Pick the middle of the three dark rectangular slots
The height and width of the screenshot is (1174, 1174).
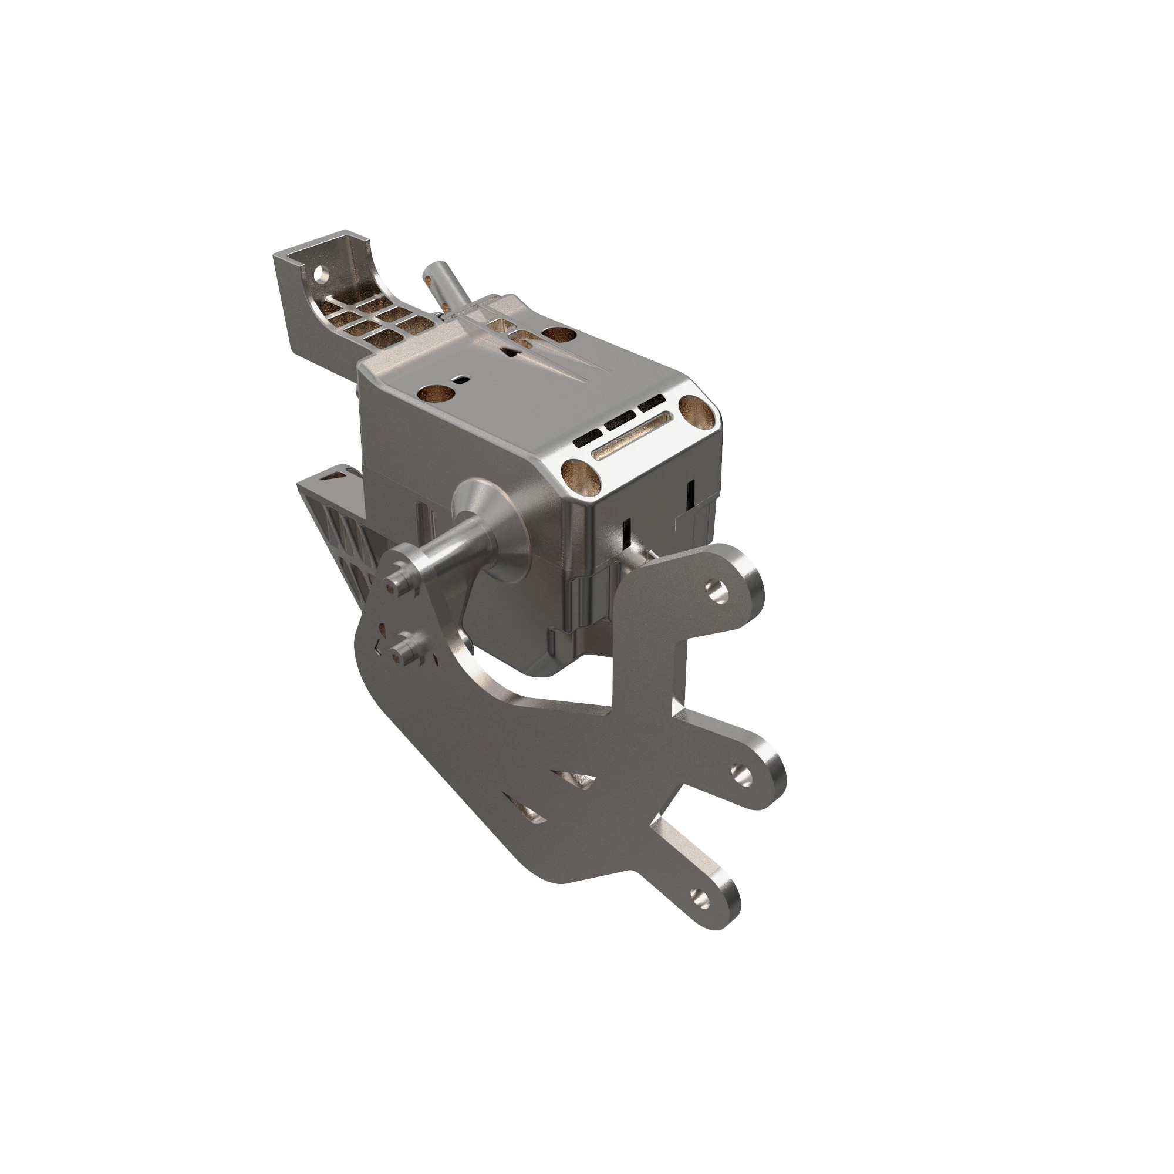620,420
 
